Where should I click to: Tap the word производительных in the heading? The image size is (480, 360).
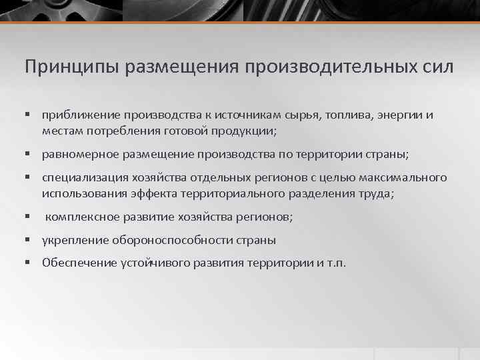[x=337, y=67]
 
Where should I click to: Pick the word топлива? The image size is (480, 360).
[x=350, y=115]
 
